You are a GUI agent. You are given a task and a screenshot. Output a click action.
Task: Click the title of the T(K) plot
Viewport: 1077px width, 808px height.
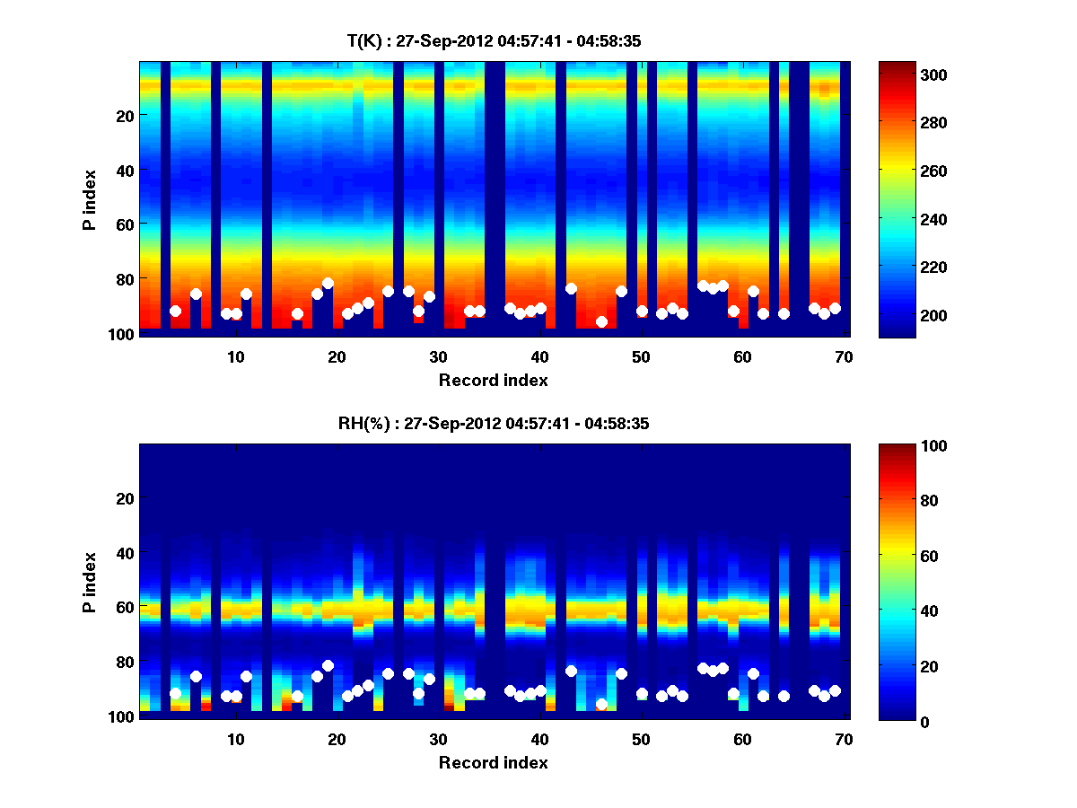tap(494, 40)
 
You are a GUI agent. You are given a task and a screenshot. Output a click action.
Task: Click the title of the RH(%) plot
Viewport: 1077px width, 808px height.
tap(494, 424)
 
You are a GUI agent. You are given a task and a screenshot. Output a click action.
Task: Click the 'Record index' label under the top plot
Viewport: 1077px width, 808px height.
tap(494, 380)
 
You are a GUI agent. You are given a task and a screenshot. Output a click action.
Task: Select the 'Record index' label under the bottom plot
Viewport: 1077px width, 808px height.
tap(494, 762)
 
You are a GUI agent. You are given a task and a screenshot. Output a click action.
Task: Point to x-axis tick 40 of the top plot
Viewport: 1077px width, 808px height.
tap(539, 356)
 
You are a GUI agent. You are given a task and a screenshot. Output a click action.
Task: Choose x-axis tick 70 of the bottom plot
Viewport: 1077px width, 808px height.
tap(844, 739)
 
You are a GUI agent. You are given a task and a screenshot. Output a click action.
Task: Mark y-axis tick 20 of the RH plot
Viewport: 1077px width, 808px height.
tap(126, 498)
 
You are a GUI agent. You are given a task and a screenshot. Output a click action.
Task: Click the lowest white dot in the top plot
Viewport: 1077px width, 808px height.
tap(601, 321)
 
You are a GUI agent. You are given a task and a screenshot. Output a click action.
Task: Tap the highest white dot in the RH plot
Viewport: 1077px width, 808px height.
tap(328, 666)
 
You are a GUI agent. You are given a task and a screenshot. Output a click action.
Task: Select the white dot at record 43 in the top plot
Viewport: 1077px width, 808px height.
tap(571, 288)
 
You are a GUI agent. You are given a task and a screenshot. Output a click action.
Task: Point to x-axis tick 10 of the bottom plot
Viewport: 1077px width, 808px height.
tap(235, 739)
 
